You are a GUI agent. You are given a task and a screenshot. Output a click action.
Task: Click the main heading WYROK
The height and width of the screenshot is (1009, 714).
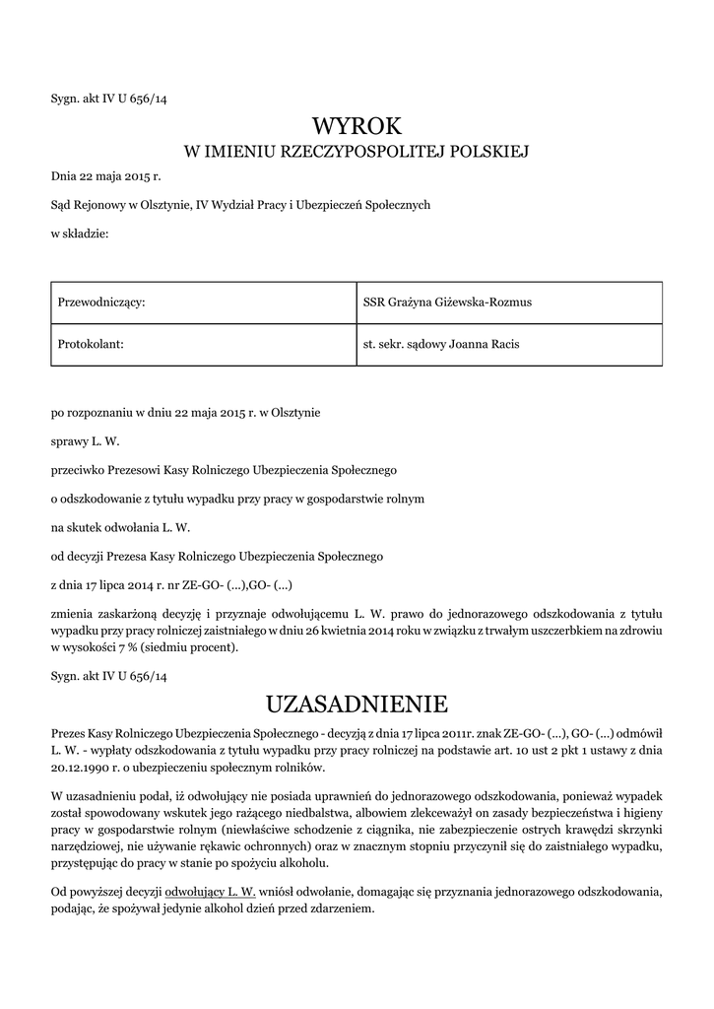tap(357, 126)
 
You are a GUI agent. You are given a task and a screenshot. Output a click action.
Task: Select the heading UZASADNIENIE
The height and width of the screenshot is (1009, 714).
tap(357, 705)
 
